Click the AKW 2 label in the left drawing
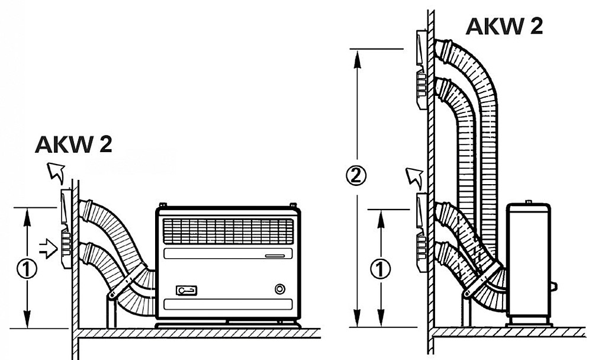click(x=73, y=144)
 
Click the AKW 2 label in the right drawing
click(x=504, y=26)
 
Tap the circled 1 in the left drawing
click(x=27, y=269)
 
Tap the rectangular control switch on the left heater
click(x=186, y=291)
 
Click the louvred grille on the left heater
click(x=228, y=231)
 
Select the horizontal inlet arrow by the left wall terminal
click(x=49, y=248)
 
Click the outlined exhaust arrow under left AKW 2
click(x=55, y=173)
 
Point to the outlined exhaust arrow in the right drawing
click(x=414, y=178)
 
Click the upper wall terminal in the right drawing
click(x=422, y=69)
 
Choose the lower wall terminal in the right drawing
click(x=422, y=232)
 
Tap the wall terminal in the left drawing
click(x=66, y=228)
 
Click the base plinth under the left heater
click(x=228, y=324)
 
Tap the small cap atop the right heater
click(x=529, y=202)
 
